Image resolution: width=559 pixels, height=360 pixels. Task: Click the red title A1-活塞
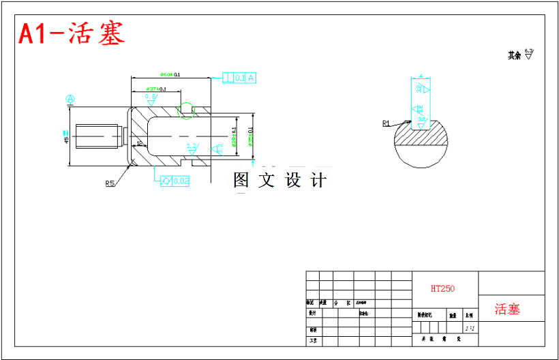click(x=72, y=34)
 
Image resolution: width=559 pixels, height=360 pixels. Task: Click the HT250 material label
click(x=442, y=288)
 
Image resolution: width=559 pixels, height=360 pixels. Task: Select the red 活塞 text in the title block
click(x=507, y=309)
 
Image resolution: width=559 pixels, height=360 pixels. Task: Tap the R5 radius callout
click(x=110, y=183)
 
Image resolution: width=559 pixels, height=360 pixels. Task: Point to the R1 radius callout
click(x=386, y=123)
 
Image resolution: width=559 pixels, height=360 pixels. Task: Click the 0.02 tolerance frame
click(x=173, y=181)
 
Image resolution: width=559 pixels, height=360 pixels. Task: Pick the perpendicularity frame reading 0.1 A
click(x=239, y=78)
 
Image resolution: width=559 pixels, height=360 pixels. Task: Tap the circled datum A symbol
click(x=70, y=100)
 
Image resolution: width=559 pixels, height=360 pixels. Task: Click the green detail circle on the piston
click(x=185, y=110)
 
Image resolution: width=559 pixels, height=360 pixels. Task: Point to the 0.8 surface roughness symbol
click(x=151, y=98)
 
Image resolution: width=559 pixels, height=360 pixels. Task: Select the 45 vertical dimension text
click(x=66, y=136)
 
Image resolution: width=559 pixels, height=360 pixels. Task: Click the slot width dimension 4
click(x=421, y=76)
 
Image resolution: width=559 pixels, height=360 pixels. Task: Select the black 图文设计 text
click(x=280, y=180)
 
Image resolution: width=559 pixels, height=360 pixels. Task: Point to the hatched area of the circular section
click(x=423, y=137)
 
